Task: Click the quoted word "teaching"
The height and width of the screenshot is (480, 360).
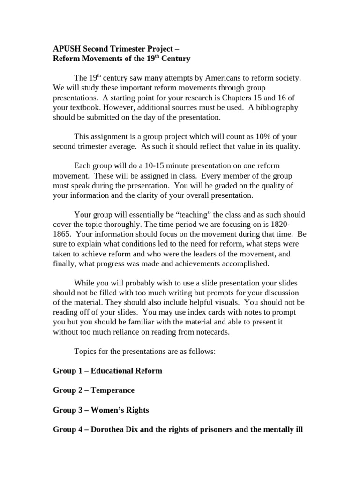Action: click(181, 215)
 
